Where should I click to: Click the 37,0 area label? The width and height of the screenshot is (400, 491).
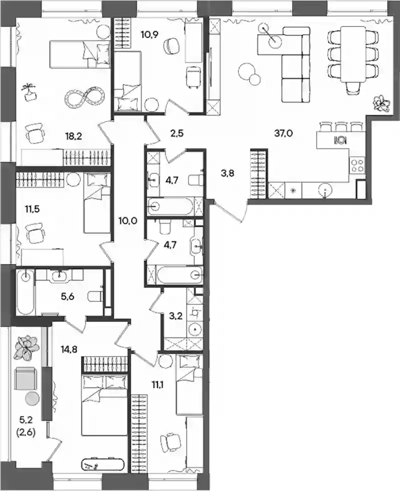pos(283,133)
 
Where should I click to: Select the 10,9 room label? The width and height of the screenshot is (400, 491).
pos(149,34)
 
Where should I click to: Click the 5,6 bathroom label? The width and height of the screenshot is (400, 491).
pos(67,296)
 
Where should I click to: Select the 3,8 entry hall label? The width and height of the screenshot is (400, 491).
pos(227,173)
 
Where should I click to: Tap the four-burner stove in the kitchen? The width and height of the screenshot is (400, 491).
pos(357,165)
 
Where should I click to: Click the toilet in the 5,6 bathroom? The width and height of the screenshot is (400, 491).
pos(94,296)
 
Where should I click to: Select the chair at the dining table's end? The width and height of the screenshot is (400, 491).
pos(353,87)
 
